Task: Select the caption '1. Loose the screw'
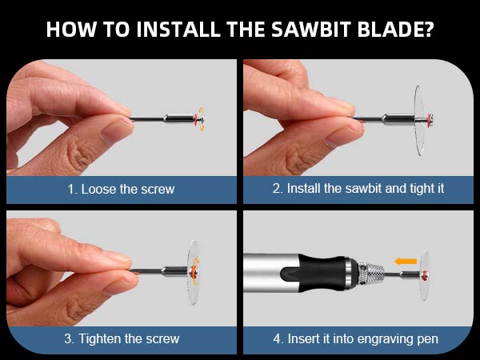(122, 190)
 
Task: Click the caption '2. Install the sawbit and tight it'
(358, 190)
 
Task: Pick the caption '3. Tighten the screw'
(122, 338)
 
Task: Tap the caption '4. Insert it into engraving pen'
(358, 338)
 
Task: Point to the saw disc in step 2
(418, 119)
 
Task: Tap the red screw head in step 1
(194, 119)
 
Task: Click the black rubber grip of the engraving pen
(323, 274)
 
